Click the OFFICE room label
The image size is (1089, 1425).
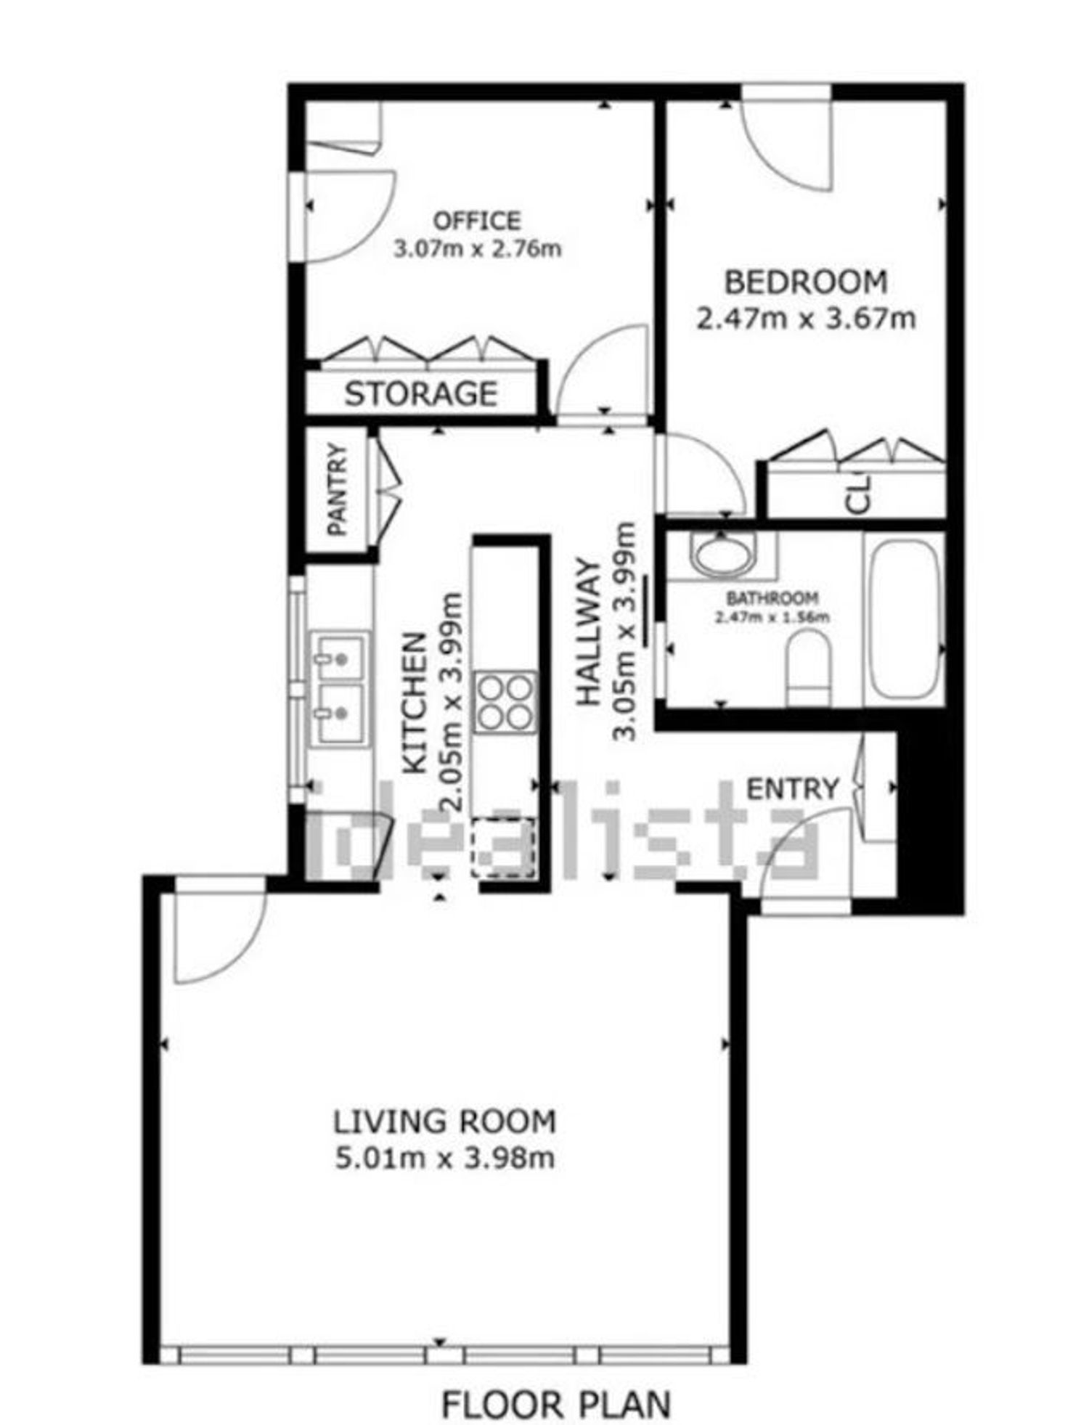(477, 220)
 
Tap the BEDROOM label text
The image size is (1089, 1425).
(806, 282)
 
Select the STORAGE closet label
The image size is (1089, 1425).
(421, 393)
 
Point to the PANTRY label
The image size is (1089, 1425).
(338, 489)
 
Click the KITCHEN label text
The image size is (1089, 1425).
(415, 703)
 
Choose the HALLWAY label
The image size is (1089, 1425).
(589, 631)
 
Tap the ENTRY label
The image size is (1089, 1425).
(793, 788)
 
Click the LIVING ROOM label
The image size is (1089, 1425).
(444, 1122)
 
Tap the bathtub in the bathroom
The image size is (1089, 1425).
(903, 618)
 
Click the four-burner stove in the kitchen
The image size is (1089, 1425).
(505, 703)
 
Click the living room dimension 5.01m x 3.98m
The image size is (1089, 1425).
(445, 1157)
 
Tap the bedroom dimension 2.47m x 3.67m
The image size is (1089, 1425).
(806, 318)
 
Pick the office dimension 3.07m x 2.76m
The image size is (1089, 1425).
(477, 249)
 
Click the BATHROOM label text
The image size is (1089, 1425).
(772, 598)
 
